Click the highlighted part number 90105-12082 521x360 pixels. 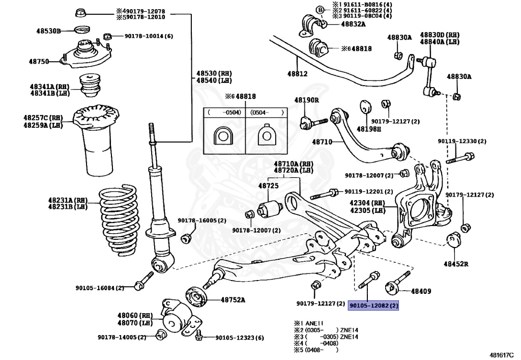pyautogui.click(x=373, y=306)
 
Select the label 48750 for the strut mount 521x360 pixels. pyautogui.click(x=39, y=62)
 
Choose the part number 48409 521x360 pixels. pyautogui.click(x=421, y=292)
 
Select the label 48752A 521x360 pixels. pyautogui.click(x=233, y=300)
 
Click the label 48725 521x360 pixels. pyautogui.click(x=268, y=186)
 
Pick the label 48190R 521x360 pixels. pyautogui.click(x=306, y=100)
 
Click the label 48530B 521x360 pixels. pyautogui.click(x=45, y=31)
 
